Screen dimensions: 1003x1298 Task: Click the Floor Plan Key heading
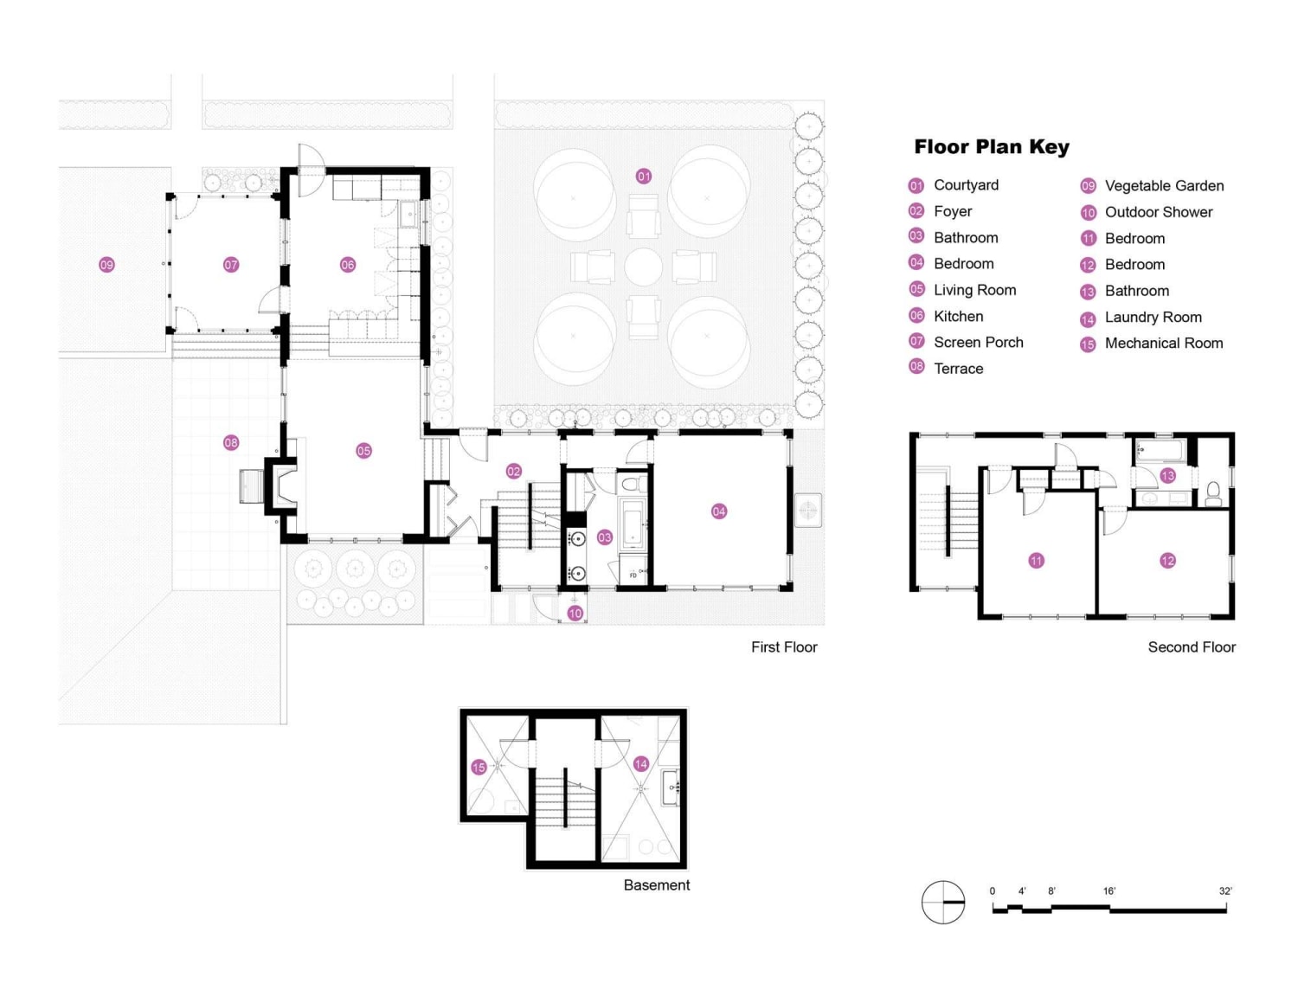coord(992,147)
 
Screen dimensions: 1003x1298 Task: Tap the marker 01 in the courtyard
coord(644,177)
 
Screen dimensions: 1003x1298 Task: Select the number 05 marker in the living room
coord(363,451)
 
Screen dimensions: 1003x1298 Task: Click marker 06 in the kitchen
coord(348,265)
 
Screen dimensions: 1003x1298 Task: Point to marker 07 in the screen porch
coord(231,265)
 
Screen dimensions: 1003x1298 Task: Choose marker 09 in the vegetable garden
coord(106,265)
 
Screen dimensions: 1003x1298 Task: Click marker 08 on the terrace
coord(231,443)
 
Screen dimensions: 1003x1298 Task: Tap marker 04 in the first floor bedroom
coord(719,511)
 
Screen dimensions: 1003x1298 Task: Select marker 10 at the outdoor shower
coord(575,614)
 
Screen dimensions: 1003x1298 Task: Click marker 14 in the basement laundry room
coord(641,764)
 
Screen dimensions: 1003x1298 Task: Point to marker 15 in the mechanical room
coord(479,768)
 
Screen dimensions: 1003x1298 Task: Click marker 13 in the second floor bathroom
coord(1167,475)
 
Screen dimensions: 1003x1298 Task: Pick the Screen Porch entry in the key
coord(978,343)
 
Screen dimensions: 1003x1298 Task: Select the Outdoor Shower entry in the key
coord(1158,212)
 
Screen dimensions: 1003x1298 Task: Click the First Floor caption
coord(784,647)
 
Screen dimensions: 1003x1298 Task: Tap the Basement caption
coord(657,885)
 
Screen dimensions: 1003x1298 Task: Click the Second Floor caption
coord(1192,647)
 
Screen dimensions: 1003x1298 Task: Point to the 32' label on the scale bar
coord(1225,891)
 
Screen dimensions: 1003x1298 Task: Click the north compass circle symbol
coord(943,903)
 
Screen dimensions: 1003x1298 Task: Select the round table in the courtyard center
coord(644,267)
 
